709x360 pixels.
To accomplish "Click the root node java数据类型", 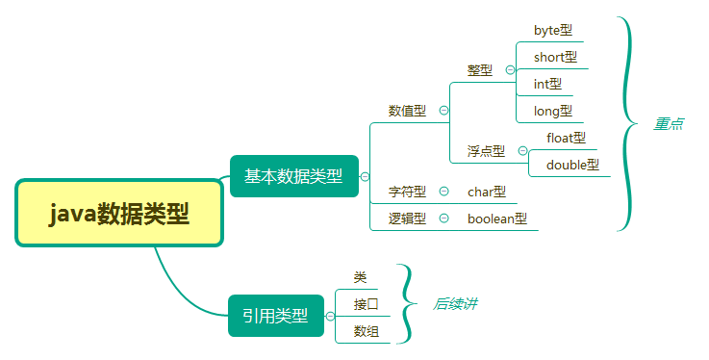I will point(119,213).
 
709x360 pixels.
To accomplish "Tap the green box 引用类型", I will point(275,315).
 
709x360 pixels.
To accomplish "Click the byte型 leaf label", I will point(553,30).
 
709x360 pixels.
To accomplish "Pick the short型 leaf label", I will point(555,57).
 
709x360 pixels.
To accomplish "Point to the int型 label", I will point(547,84).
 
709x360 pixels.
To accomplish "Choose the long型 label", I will point(552,111).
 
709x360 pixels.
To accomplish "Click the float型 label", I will point(566,138).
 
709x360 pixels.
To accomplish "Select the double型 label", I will point(572,165).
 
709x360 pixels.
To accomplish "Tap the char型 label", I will point(486,192).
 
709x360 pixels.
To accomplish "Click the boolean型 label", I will point(497,219).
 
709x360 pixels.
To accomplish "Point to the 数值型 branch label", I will point(407,111).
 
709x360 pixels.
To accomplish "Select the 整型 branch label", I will point(480,70).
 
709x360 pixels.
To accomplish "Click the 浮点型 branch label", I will point(486,151).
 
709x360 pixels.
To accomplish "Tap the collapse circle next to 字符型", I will point(443,191).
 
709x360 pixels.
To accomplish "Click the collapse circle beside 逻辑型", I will point(443,218).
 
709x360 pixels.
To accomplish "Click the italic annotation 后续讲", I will point(455,303).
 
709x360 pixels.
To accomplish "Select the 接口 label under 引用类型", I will point(366,304).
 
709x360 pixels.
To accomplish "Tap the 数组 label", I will point(366,331).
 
